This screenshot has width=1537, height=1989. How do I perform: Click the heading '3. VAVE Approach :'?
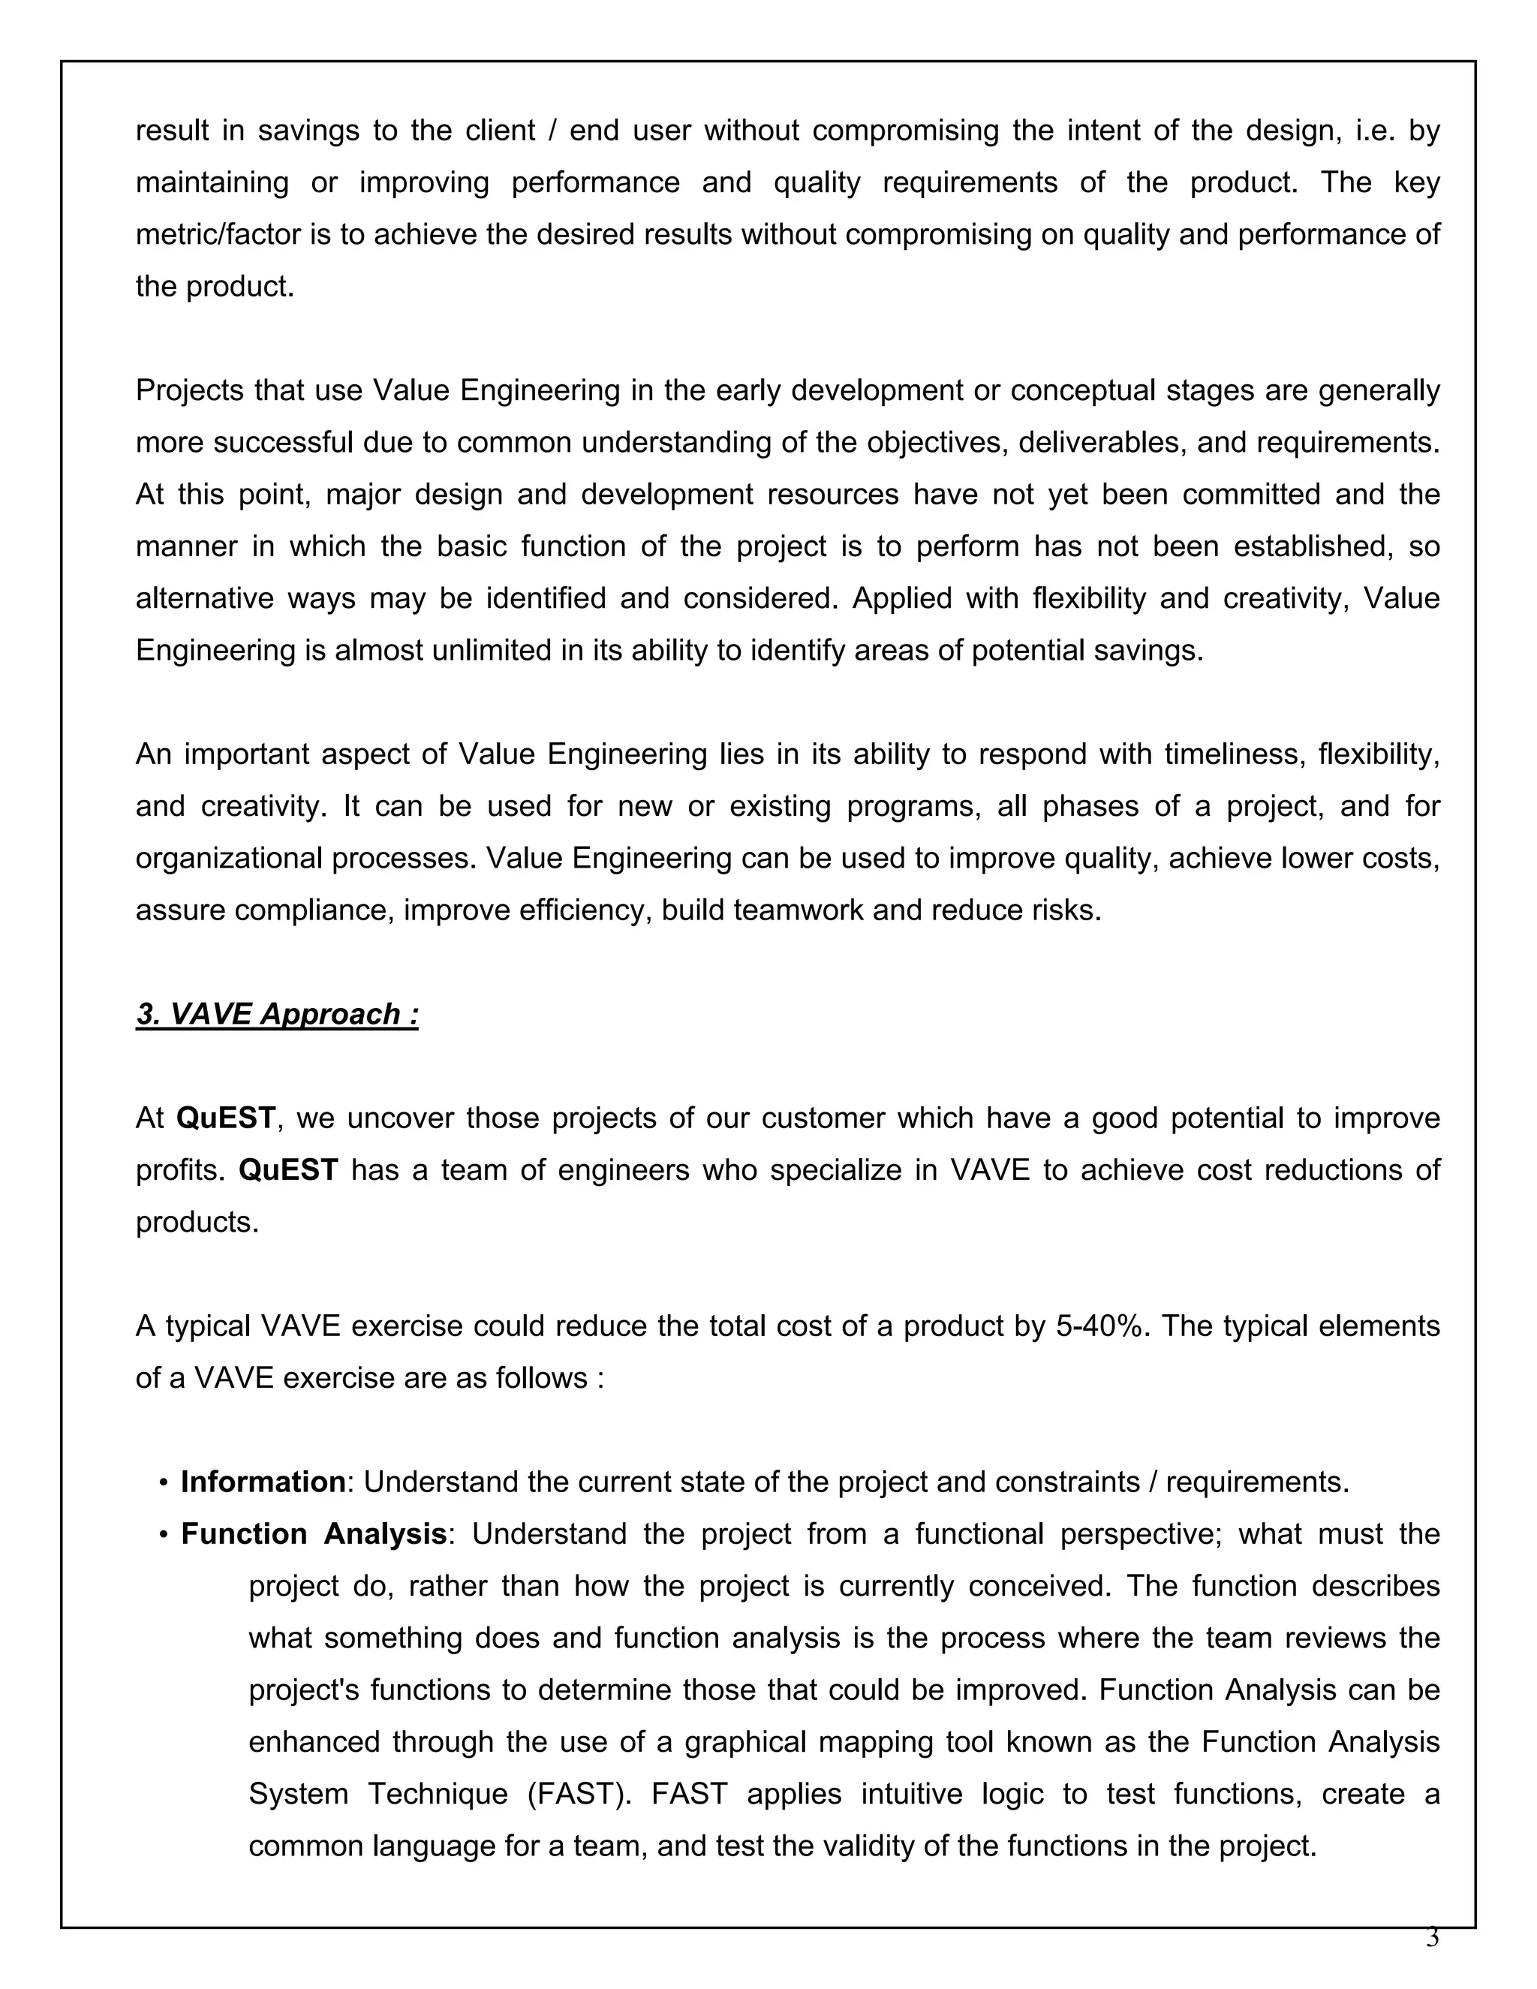(277, 1013)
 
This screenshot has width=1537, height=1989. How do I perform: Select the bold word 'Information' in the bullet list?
(262, 1482)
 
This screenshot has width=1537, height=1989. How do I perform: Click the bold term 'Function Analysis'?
(313, 1533)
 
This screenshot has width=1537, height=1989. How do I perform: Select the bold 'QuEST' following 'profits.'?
(287, 1169)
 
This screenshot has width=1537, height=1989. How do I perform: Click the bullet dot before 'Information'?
(163, 1482)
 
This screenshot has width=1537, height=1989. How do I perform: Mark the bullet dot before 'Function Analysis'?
(163, 1535)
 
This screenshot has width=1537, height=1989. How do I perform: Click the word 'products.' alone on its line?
(197, 1221)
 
